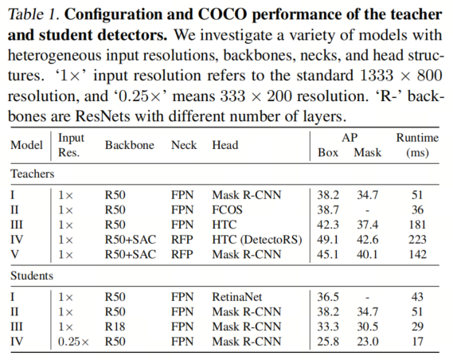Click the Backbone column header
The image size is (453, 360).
(x=130, y=145)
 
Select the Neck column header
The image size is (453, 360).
(x=184, y=145)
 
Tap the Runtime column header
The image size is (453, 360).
(x=417, y=145)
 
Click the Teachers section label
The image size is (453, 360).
(x=33, y=174)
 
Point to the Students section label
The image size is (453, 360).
(x=32, y=276)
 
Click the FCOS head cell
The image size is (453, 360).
(x=227, y=209)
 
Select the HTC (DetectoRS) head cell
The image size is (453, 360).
(x=257, y=240)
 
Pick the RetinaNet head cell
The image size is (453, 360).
(x=237, y=297)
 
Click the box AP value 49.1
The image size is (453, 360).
(x=328, y=240)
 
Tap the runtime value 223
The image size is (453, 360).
(x=417, y=240)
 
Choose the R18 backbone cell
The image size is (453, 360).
(x=115, y=327)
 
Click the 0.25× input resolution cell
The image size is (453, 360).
(x=73, y=342)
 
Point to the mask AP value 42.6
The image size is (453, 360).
(x=367, y=240)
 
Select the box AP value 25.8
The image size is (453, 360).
(x=328, y=342)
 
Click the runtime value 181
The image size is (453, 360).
(x=417, y=225)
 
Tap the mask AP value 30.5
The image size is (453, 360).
(x=367, y=327)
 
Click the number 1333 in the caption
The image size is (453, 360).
(x=377, y=76)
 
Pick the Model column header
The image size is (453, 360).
(x=26, y=145)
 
